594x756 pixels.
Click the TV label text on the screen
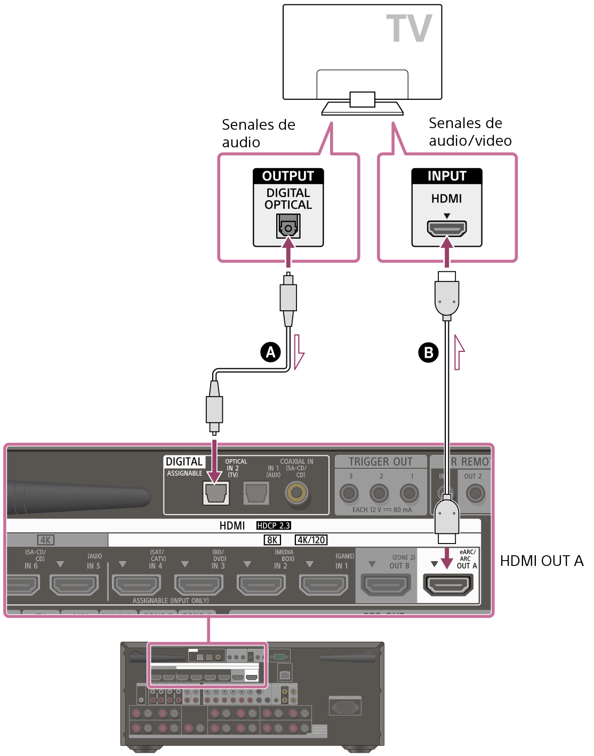pyautogui.click(x=409, y=29)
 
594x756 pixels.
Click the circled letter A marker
pyautogui.click(x=271, y=352)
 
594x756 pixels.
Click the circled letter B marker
pyautogui.click(x=428, y=352)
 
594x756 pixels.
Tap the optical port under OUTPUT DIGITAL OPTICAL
pyautogui.click(x=288, y=226)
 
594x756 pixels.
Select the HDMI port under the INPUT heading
pyautogui.click(x=447, y=229)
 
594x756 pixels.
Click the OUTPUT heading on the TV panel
pyautogui.click(x=288, y=176)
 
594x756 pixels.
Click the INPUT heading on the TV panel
pyautogui.click(x=447, y=176)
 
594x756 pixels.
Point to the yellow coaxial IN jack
pyautogui.click(x=296, y=492)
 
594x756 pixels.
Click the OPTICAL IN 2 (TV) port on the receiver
pyautogui.click(x=216, y=493)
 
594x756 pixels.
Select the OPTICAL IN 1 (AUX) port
pyautogui.click(x=256, y=493)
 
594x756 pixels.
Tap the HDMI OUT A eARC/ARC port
pyautogui.click(x=448, y=585)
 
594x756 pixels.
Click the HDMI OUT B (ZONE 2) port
pyautogui.click(x=386, y=585)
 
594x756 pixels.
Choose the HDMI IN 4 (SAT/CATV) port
pyautogui.click(x=137, y=585)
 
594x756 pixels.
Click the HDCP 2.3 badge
pyautogui.click(x=274, y=525)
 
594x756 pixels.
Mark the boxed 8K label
pyautogui.click(x=272, y=540)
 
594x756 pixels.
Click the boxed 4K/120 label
pyautogui.click(x=311, y=540)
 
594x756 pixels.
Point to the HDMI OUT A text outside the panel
pyautogui.click(x=541, y=561)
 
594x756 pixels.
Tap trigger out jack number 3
pyautogui.click(x=349, y=493)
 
